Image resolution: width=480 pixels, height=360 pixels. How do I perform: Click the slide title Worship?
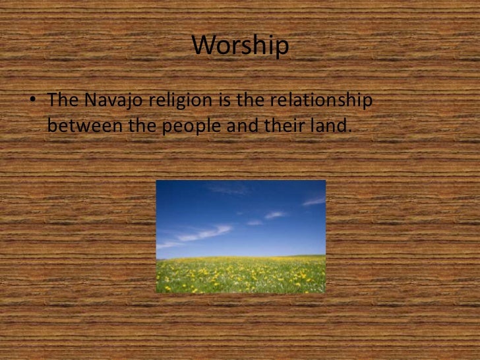(240, 46)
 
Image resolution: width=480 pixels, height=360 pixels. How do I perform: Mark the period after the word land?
(347, 129)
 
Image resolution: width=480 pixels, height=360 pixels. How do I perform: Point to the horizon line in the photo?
(241, 256)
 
